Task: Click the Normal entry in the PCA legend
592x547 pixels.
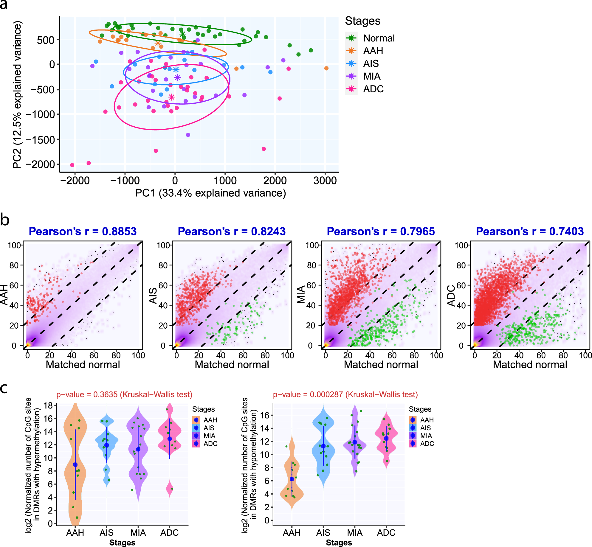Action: coord(379,38)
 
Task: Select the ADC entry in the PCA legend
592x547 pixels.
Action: coord(373,89)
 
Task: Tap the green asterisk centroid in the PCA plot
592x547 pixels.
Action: coord(182,34)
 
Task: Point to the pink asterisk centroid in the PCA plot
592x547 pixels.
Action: coord(171,97)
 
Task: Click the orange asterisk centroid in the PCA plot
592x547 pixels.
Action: coord(158,43)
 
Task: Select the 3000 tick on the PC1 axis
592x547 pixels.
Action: coord(325,181)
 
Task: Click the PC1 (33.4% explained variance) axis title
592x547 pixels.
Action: coord(210,193)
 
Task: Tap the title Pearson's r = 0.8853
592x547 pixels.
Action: coord(83,231)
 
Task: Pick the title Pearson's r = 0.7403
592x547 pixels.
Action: coord(530,231)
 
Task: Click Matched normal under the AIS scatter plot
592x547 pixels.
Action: coord(232,365)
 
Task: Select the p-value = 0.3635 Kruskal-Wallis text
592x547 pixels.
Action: coord(124,394)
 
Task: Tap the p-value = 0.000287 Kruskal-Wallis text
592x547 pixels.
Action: coord(345,394)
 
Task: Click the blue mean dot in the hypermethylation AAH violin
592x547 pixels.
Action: coord(75,465)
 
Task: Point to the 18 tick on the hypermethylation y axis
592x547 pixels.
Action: coord(48,405)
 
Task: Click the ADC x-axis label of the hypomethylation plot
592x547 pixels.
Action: coord(386,533)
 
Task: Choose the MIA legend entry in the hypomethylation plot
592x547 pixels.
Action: coord(426,436)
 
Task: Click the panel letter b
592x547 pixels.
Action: coord(5,220)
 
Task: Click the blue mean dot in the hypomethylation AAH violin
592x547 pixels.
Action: coord(292,479)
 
